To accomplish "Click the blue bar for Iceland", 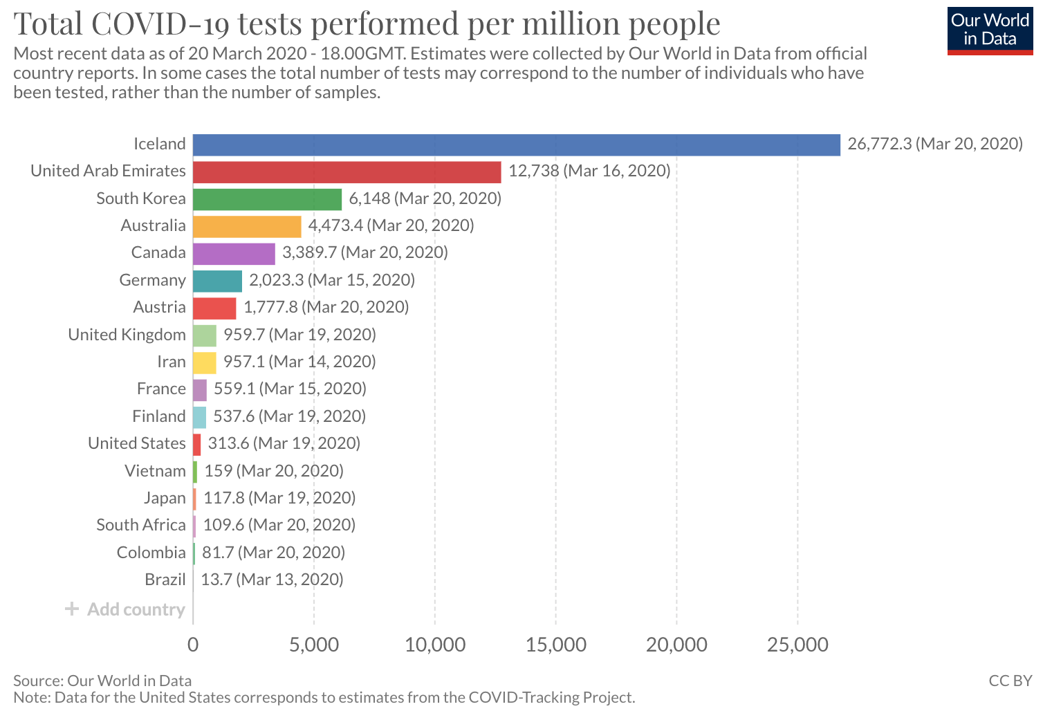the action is click(x=517, y=145).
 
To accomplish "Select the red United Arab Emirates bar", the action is click(x=347, y=172).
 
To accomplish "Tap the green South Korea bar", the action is click(x=267, y=199).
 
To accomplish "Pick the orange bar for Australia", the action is click(x=247, y=227).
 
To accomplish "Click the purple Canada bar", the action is click(x=234, y=254).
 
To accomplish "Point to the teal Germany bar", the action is click(x=217, y=281).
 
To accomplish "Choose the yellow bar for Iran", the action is click(x=205, y=362).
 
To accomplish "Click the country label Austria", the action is click(x=159, y=307).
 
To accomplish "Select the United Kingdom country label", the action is click(x=127, y=335).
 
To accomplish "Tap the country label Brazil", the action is click(x=165, y=580).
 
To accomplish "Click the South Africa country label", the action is click(x=140, y=525).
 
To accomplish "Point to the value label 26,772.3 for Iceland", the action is click(x=880, y=144).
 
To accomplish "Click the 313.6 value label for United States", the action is click(x=228, y=443).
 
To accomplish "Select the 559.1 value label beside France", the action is click(x=234, y=389).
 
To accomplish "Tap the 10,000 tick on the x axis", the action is click(x=435, y=645).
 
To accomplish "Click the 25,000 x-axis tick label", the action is click(x=797, y=645).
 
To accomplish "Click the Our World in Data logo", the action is click(x=990, y=30).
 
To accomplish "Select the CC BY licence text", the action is click(x=1010, y=681).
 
